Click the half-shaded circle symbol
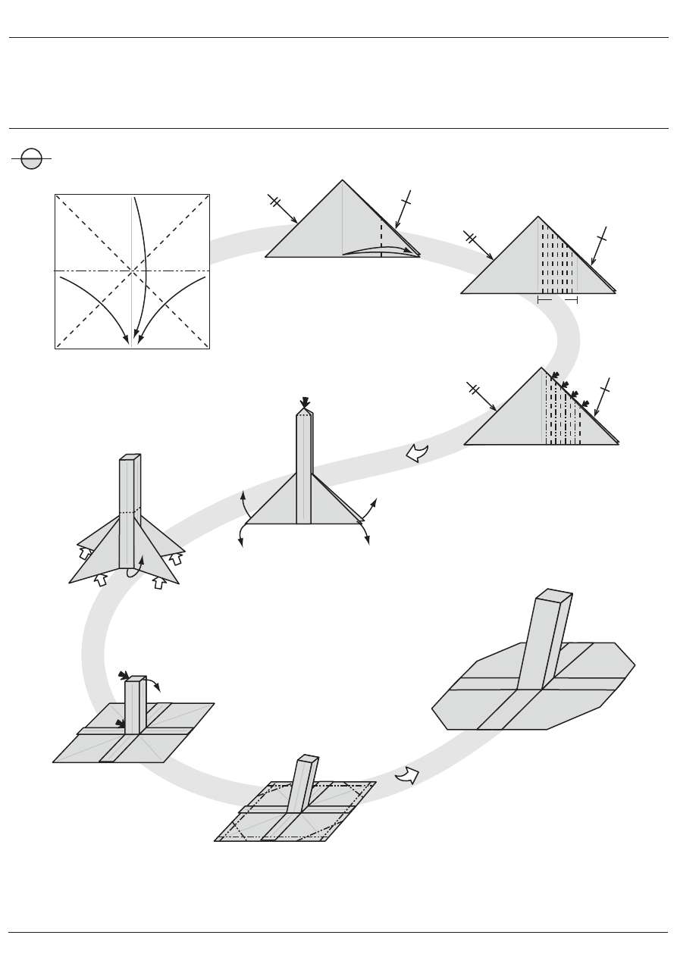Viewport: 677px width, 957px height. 32,159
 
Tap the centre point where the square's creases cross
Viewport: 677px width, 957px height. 133,271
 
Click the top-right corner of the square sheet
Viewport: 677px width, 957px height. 208,195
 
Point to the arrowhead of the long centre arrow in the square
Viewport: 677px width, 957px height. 134,339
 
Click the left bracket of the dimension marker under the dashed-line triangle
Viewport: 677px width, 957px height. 539,301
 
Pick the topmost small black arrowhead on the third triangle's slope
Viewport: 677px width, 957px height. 553,375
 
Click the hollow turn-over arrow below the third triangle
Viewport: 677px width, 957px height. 417,453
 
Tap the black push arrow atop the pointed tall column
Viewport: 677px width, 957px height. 306,402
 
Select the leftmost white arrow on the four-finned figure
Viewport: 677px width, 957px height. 85,553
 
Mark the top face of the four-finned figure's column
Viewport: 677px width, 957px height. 130,457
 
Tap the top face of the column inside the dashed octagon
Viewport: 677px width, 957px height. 309,758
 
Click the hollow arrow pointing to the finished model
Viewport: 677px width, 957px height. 406,776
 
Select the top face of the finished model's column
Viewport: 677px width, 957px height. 553,595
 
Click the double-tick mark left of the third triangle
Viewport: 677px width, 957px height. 475,389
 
